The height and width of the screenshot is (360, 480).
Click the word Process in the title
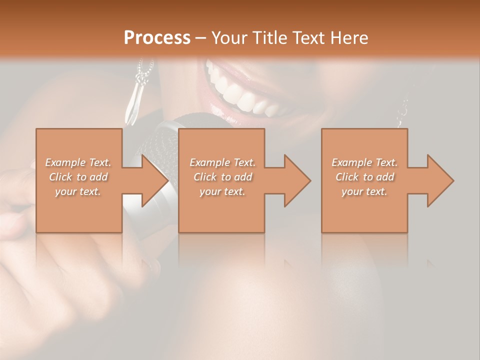point(157,37)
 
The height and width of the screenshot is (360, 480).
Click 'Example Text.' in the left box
point(78,162)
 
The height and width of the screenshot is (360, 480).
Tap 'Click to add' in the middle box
point(222,177)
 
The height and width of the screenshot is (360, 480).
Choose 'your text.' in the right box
point(364,191)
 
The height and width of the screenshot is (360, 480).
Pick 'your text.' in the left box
point(78,191)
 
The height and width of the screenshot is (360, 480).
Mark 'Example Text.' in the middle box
point(222,162)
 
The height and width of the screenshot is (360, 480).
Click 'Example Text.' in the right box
point(364,162)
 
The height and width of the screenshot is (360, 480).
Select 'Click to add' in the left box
point(78,177)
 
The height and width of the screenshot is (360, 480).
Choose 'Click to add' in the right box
point(364,177)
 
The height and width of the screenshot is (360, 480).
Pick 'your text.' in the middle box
point(222,191)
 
